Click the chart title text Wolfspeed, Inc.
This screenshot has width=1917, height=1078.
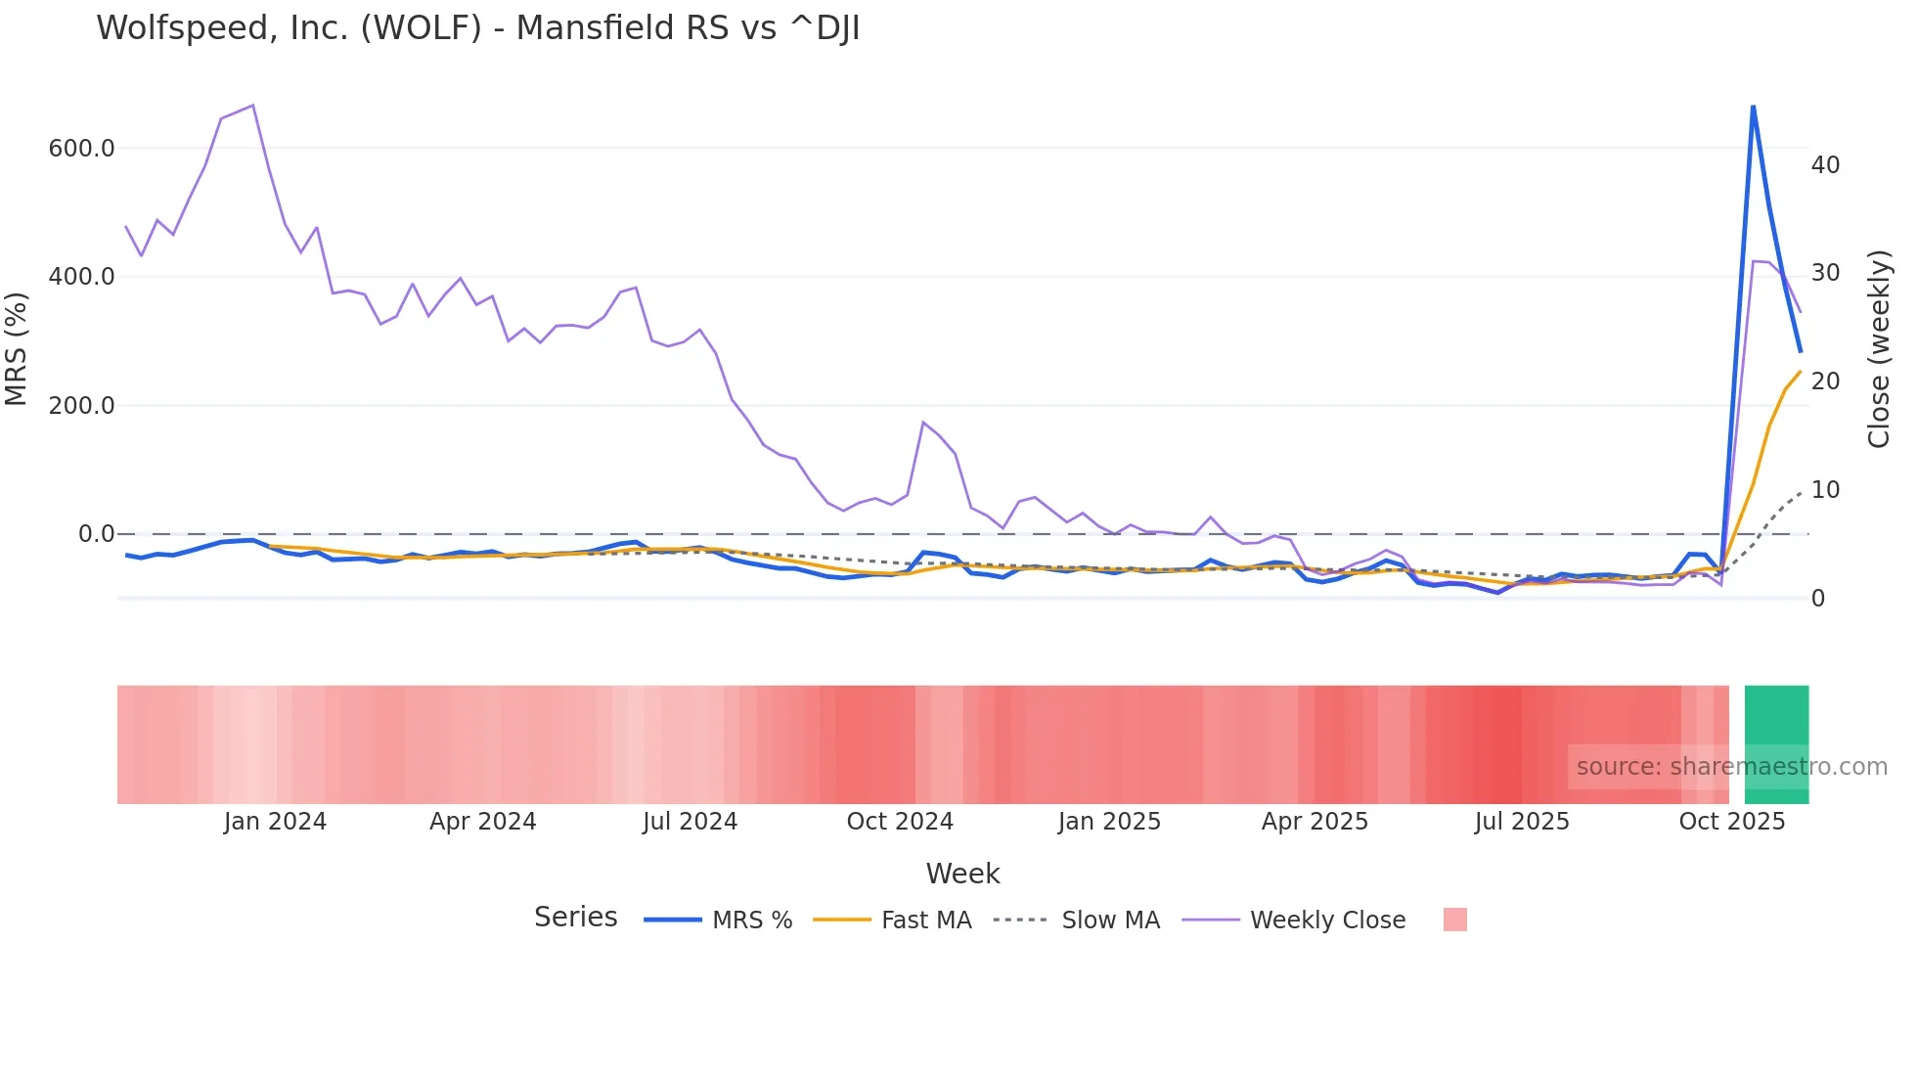point(477,28)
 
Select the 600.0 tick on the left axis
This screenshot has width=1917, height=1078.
point(81,149)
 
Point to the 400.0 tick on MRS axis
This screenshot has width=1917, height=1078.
point(81,277)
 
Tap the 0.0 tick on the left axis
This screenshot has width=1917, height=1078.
point(96,534)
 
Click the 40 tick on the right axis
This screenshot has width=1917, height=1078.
point(1825,165)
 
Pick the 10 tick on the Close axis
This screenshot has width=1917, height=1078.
point(1825,490)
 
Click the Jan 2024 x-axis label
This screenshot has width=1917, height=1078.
point(275,822)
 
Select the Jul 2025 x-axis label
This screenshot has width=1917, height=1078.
point(1522,822)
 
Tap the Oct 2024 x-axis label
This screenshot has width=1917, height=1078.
point(900,822)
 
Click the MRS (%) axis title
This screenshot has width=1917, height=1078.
point(17,349)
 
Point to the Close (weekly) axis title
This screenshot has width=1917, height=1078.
point(1879,349)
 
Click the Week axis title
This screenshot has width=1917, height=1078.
point(962,874)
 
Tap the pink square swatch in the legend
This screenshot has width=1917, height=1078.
point(1454,920)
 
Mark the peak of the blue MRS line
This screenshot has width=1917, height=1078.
point(1753,106)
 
